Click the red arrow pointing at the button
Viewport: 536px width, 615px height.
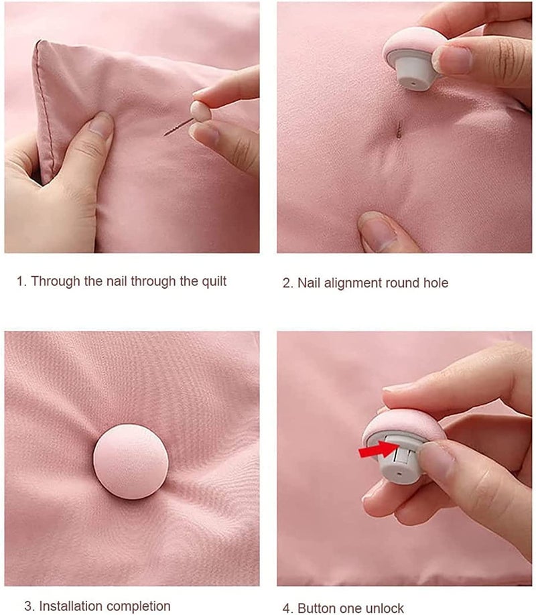click(x=375, y=450)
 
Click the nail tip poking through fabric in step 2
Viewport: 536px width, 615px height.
click(x=399, y=128)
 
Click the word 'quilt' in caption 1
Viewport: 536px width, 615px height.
click(x=212, y=281)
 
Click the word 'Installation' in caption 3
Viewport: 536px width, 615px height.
click(x=70, y=606)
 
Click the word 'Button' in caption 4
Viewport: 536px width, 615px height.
click(x=317, y=608)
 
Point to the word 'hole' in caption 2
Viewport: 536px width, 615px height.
click(x=435, y=283)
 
